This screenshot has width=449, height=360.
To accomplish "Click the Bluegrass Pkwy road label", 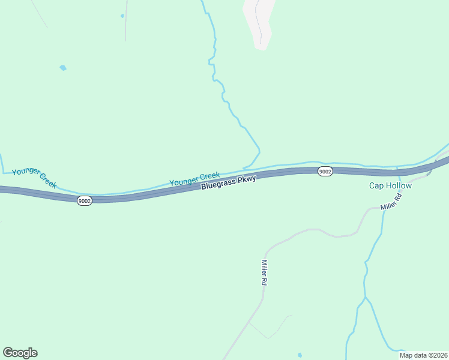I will [229, 182].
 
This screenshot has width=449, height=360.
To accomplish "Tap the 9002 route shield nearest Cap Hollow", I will [325, 172].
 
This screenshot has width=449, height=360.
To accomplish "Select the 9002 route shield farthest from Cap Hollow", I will [85, 201].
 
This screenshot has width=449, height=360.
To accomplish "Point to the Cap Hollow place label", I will [390, 186].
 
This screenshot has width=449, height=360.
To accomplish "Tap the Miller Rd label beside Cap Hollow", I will [390, 202].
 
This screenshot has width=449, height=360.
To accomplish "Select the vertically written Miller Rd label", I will [264, 272].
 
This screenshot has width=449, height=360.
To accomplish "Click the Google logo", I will [20, 353].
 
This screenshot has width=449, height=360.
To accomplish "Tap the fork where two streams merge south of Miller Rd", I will [364, 298].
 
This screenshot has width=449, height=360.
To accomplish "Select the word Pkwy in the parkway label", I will [246, 179].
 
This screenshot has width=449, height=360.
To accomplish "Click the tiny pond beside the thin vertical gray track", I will [122, 16].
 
